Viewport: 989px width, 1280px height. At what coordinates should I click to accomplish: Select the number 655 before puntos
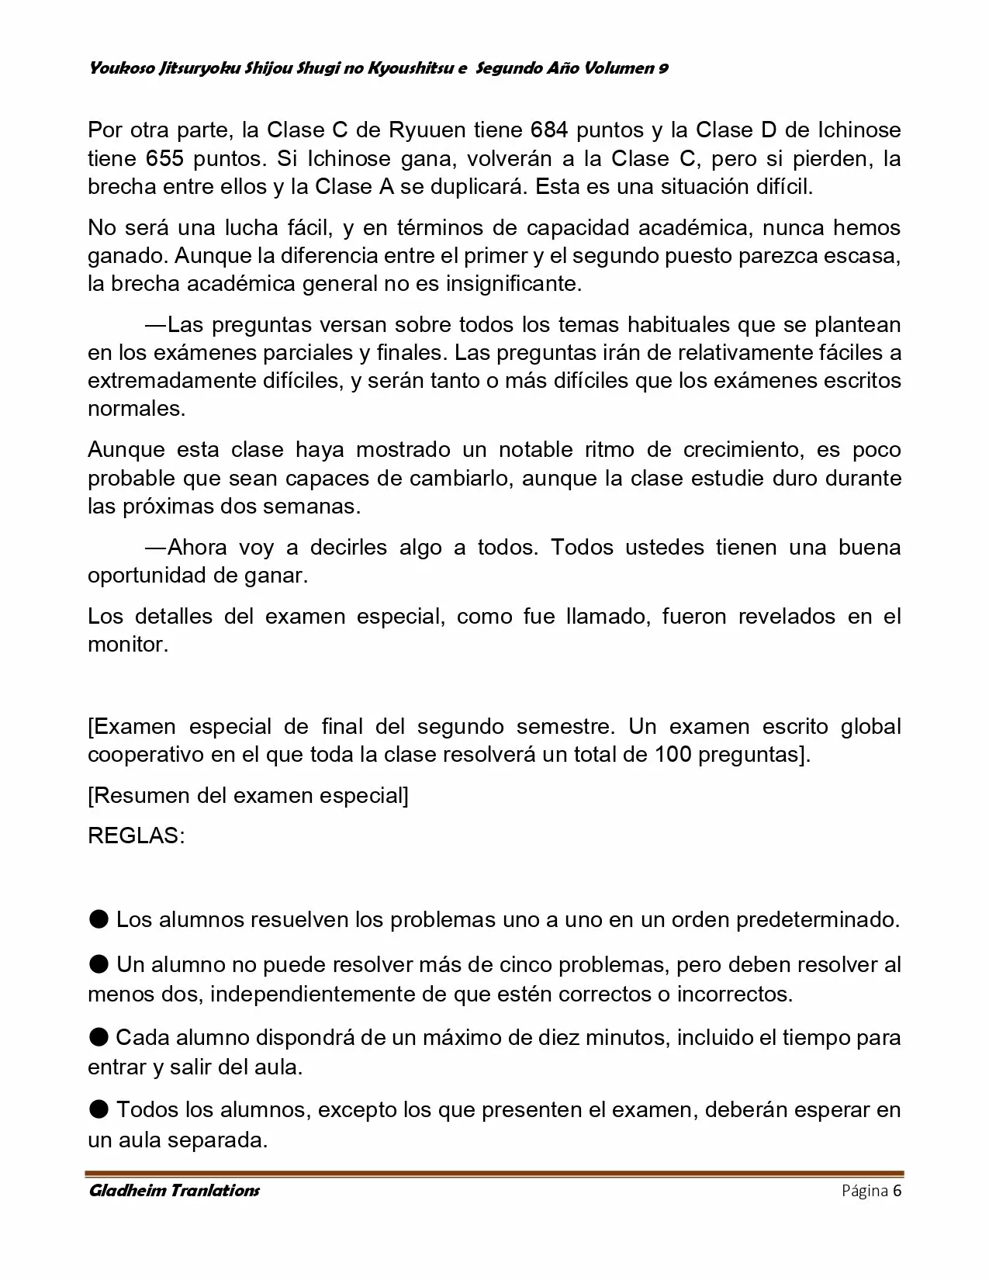164,158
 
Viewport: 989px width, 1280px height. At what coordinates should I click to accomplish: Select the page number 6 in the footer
897,1191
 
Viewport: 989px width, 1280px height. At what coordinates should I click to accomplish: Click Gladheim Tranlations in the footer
175,1191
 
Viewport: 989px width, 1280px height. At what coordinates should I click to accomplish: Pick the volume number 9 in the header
663,68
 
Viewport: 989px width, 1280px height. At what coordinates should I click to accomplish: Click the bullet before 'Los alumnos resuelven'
99,919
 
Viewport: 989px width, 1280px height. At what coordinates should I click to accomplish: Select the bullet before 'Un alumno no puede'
99,964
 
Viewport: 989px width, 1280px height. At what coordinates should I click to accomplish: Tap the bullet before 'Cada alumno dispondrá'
99,1037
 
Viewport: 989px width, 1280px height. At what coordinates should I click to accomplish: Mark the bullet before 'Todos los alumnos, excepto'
99,1109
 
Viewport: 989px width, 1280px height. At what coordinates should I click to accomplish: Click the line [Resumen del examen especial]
248,795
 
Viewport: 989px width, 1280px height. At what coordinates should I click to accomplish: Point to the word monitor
127,645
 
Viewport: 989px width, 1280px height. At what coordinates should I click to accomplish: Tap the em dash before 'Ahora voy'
155,548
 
